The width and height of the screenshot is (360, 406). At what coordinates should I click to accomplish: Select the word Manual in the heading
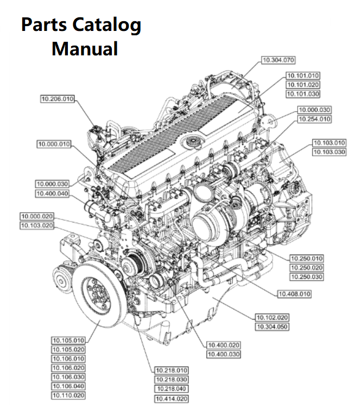[85, 49]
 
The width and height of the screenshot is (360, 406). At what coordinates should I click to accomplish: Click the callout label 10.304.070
[279, 60]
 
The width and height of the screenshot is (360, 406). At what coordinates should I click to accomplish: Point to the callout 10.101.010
[302, 75]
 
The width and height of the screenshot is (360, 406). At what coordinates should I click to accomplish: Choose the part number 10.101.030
[302, 94]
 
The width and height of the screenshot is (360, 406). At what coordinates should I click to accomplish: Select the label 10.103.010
[329, 143]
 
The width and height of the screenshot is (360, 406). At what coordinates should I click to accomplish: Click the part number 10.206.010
[58, 99]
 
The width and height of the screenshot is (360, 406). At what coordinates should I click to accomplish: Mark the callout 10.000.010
[54, 144]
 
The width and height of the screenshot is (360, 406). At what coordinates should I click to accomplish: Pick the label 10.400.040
[53, 193]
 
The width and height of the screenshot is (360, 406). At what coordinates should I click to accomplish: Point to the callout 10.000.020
[37, 216]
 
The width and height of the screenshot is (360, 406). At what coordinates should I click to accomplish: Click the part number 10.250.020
[306, 268]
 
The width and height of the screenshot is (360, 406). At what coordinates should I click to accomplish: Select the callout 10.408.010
[294, 294]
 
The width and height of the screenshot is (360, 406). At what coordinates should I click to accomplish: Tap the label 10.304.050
[272, 327]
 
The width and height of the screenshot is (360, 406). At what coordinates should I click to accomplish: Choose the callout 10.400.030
[224, 354]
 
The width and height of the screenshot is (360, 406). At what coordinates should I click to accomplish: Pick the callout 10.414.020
[172, 399]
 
